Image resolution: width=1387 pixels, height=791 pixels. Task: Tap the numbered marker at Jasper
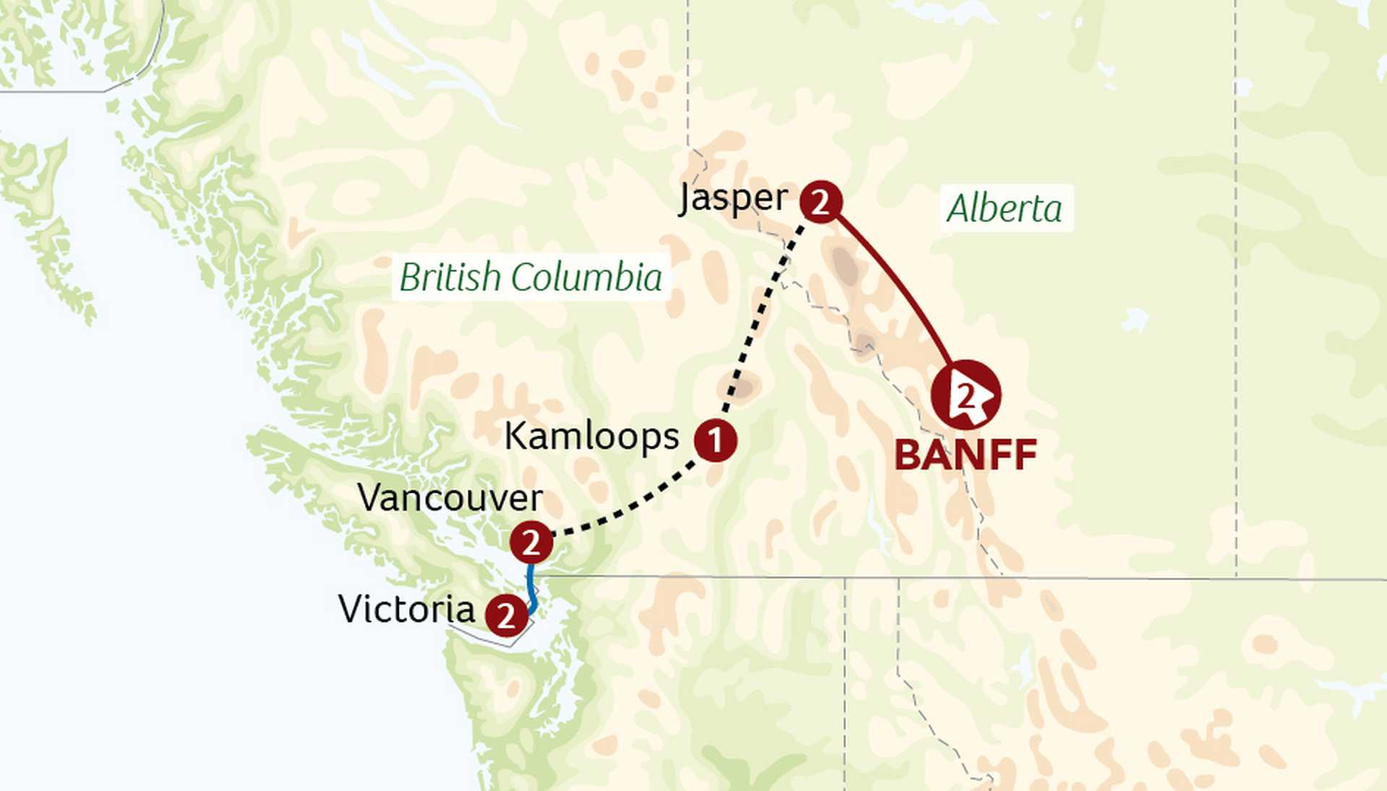(821, 202)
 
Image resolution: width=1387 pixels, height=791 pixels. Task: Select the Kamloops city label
(592, 436)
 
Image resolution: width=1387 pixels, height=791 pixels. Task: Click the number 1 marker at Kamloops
(715, 440)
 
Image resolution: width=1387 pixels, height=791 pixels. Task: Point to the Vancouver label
(450, 498)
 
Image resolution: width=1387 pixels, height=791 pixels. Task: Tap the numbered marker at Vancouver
(531, 543)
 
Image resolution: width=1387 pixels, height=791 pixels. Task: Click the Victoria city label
(407, 609)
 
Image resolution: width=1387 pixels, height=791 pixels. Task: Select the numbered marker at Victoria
(506, 615)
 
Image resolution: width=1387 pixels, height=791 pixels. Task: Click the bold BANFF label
(966, 455)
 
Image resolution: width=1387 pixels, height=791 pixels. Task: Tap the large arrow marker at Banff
(966, 395)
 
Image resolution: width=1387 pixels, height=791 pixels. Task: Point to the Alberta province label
(1005, 209)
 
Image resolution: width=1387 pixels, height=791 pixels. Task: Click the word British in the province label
(450, 277)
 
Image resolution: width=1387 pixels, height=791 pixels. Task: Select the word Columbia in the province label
(587, 277)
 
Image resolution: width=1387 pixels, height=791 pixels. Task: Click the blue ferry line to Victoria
(532, 589)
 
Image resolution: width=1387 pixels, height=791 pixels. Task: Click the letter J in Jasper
(686, 199)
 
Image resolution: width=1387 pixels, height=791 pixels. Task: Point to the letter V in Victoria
(351, 609)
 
